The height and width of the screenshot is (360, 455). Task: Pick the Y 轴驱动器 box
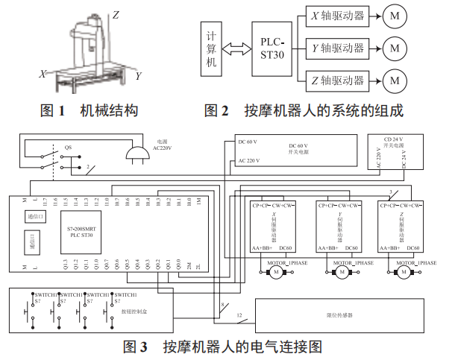click(339, 48)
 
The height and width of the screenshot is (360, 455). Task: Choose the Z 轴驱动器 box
click(339, 78)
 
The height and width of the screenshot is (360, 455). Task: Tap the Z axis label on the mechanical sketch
click(116, 13)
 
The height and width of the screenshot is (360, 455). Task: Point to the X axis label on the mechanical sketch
click(43, 73)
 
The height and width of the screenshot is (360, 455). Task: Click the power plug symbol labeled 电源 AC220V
click(134, 153)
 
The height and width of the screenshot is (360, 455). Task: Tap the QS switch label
click(68, 147)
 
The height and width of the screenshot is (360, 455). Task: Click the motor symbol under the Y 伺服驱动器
click(340, 274)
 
